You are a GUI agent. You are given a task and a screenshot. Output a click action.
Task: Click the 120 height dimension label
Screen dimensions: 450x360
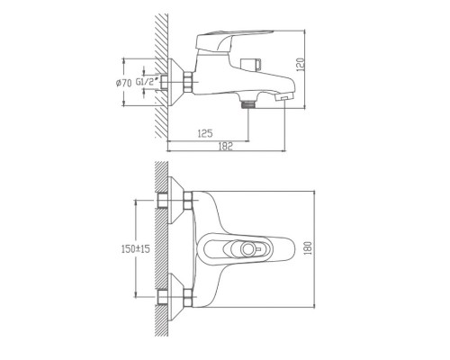click(x=301, y=64)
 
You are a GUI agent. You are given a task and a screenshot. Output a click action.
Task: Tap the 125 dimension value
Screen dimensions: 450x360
click(x=205, y=133)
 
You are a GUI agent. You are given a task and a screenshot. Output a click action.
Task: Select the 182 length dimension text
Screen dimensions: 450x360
click(x=225, y=146)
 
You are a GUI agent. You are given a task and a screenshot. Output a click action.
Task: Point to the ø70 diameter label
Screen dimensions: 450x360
click(x=123, y=83)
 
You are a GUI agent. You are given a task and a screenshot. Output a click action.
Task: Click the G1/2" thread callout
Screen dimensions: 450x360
click(x=147, y=82)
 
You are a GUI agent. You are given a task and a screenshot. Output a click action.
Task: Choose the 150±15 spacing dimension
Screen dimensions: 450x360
click(x=135, y=248)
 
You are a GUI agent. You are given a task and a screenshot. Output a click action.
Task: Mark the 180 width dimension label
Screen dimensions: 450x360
click(x=308, y=248)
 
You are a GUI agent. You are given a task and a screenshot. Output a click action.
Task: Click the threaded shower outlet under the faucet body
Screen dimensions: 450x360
click(x=248, y=103)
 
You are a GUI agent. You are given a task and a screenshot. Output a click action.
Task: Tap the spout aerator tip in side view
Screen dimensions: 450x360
click(x=283, y=97)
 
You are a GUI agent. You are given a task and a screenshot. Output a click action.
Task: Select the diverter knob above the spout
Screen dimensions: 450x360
click(x=251, y=64)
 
